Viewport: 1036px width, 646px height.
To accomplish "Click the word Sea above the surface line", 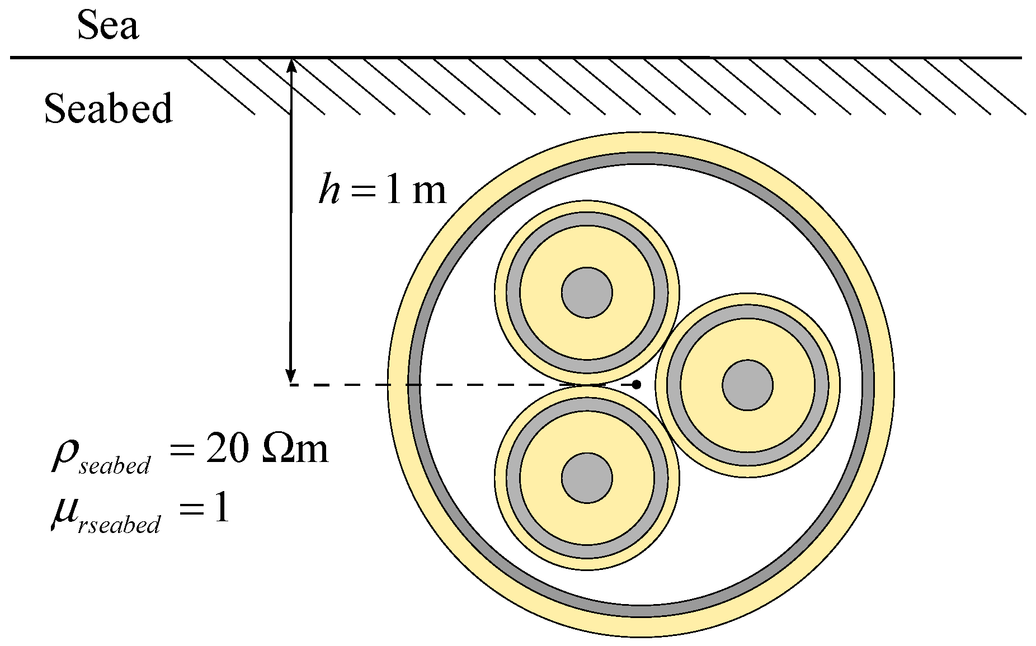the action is (x=108, y=26).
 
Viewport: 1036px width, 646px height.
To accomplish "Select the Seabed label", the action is (x=109, y=108).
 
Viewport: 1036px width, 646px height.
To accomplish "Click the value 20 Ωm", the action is (x=266, y=449).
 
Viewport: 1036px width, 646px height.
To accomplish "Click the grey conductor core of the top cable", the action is (x=587, y=293).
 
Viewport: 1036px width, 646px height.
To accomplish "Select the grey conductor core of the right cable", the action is (x=747, y=385).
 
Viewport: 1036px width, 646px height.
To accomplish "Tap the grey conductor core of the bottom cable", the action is (x=587, y=478).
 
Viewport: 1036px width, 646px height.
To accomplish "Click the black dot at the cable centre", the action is (x=637, y=385).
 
